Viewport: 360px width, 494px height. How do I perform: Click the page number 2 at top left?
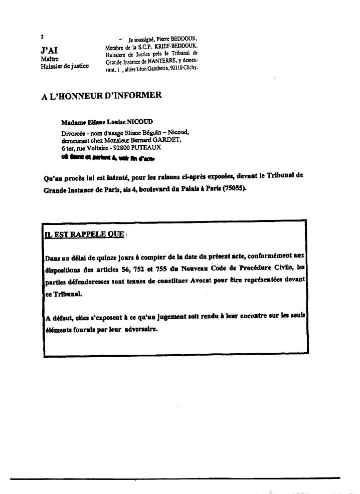pyautogui.click(x=43, y=37)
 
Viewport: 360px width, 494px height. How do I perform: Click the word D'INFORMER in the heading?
pyautogui.click(x=132, y=95)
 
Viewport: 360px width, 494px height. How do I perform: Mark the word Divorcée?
pyautogui.click(x=72, y=132)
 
